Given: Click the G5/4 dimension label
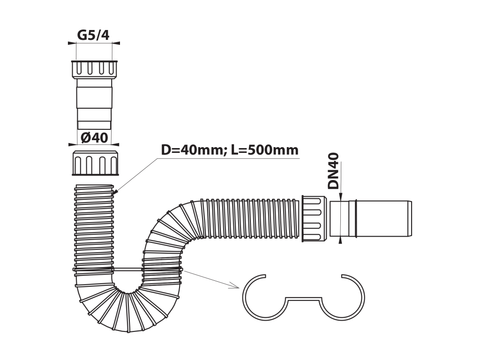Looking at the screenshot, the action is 93,35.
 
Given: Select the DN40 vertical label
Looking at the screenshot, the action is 333,171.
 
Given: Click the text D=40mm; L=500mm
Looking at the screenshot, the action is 230,150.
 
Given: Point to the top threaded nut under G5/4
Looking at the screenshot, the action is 94,69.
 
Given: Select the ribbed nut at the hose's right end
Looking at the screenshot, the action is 314,218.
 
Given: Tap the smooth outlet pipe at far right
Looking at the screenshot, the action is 371,218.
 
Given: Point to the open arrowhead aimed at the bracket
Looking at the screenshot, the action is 235,286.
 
